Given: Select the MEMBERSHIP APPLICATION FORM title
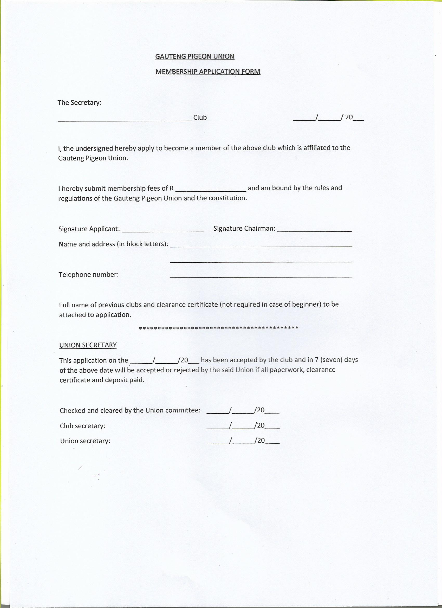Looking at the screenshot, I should (208, 72).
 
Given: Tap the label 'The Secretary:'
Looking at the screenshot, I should (79, 103).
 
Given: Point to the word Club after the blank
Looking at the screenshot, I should (200, 118).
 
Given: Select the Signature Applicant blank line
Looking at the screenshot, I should (162, 231).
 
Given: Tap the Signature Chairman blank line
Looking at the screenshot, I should (314, 230).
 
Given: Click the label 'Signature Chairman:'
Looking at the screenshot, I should (244, 228).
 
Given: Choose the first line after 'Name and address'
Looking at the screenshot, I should (261, 245).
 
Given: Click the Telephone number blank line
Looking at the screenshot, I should (261, 276).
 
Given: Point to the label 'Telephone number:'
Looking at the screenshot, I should (88, 275).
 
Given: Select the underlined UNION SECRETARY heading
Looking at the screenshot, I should (88, 345).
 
